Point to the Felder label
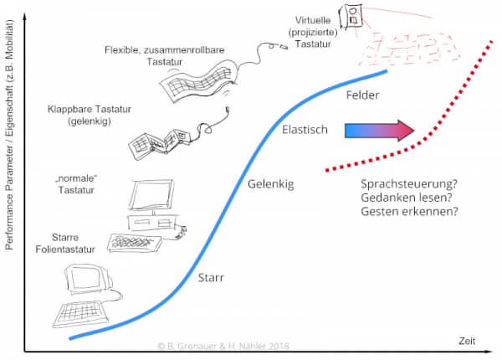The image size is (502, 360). pyautogui.click(x=362, y=95)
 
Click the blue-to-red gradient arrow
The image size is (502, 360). pyautogui.click(x=379, y=131)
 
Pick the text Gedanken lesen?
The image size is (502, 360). pyautogui.click(x=405, y=198)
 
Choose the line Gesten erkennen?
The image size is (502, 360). pyautogui.click(x=408, y=213)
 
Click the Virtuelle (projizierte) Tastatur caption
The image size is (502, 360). pyautogui.click(x=315, y=31)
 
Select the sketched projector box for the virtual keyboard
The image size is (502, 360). pyautogui.click(x=354, y=14)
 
